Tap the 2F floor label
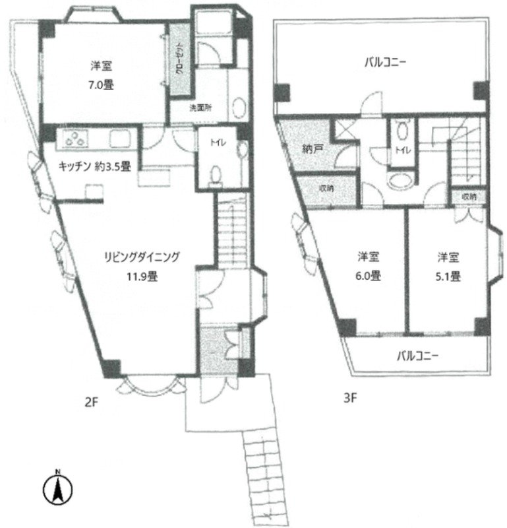pos(91,402)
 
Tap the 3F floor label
pos(350,398)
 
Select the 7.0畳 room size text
pos(101,85)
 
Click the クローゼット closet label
pos(179,58)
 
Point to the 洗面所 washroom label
pos(200,108)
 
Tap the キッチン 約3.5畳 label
pos(94,166)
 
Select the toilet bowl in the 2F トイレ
pos(216,175)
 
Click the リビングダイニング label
pos(142,257)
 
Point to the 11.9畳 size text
pos(142,277)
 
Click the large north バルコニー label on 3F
pos(385,62)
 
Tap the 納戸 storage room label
pos(313,149)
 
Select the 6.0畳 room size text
pos(368,276)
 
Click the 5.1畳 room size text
pos(448,277)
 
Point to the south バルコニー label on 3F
pos(418,356)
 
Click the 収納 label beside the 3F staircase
pos(469,196)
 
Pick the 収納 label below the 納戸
pos(326,188)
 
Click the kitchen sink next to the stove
pos(120,139)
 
